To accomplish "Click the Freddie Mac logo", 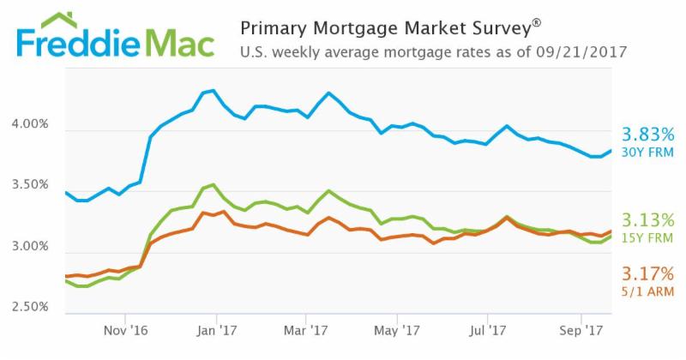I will [115, 43].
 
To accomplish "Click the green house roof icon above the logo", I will [57, 20].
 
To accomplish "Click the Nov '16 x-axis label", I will [126, 328].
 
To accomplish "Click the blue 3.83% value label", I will [649, 135].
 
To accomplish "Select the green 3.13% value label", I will [649, 219].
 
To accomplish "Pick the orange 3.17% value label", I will [649, 274].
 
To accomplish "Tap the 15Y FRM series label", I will [649, 237].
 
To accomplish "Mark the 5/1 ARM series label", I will [649, 292].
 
